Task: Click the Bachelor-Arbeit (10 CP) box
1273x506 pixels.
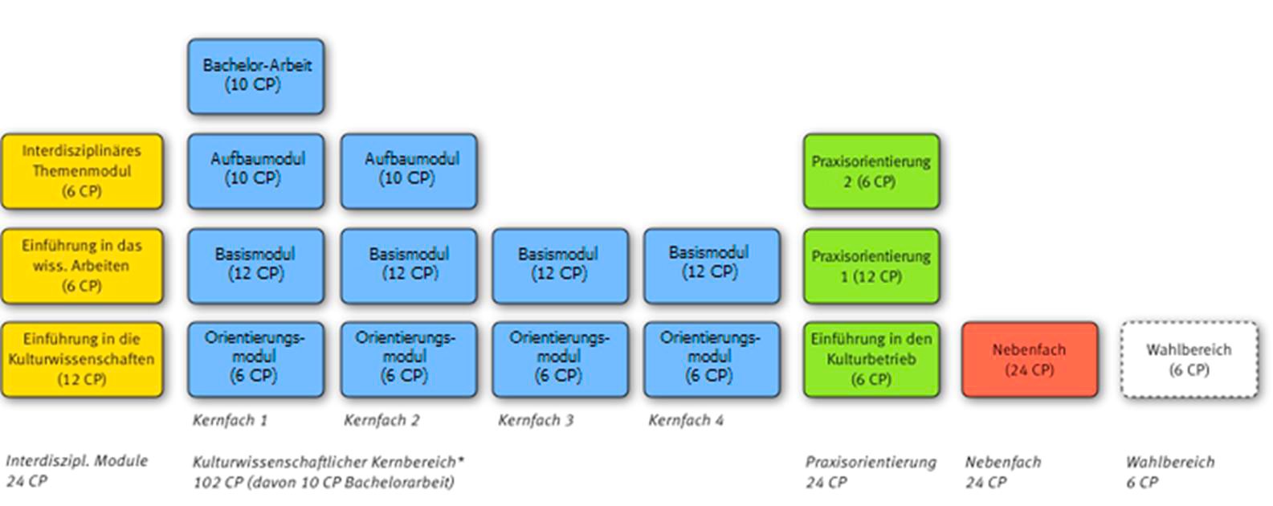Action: pyautogui.click(x=256, y=77)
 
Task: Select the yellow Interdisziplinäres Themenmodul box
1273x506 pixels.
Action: pyautogui.click(x=83, y=172)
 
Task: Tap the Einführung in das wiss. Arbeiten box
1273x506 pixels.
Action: pyautogui.click(x=83, y=266)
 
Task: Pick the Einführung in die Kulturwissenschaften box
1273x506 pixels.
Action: pyautogui.click(x=83, y=359)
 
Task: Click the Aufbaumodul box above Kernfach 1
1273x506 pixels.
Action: pyautogui.click(x=256, y=172)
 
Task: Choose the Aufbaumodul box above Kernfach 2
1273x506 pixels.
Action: pyautogui.click(x=409, y=172)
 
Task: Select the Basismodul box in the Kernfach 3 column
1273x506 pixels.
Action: pyautogui.click(x=561, y=266)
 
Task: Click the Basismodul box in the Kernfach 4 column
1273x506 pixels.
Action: pyautogui.click(x=712, y=266)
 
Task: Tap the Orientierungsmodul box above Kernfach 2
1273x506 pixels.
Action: pyautogui.click(x=409, y=359)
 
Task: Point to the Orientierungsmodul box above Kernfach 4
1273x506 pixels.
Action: pyautogui.click(x=712, y=359)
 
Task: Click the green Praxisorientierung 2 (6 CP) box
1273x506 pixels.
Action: pyautogui.click(x=871, y=172)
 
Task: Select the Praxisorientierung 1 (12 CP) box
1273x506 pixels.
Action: pyautogui.click(x=871, y=266)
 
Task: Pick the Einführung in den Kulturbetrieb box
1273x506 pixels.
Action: pyautogui.click(x=871, y=359)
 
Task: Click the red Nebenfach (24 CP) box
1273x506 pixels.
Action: pyautogui.click(x=1030, y=359)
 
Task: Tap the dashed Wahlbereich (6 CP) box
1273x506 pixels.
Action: pyautogui.click(x=1189, y=359)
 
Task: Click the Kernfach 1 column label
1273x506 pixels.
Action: pyautogui.click(x=231, y=420)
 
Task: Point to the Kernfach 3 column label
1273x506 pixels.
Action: pyautogui.click(x=536, y=420)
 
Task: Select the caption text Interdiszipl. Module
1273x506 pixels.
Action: pyautogui.click(x=77, y=460)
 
